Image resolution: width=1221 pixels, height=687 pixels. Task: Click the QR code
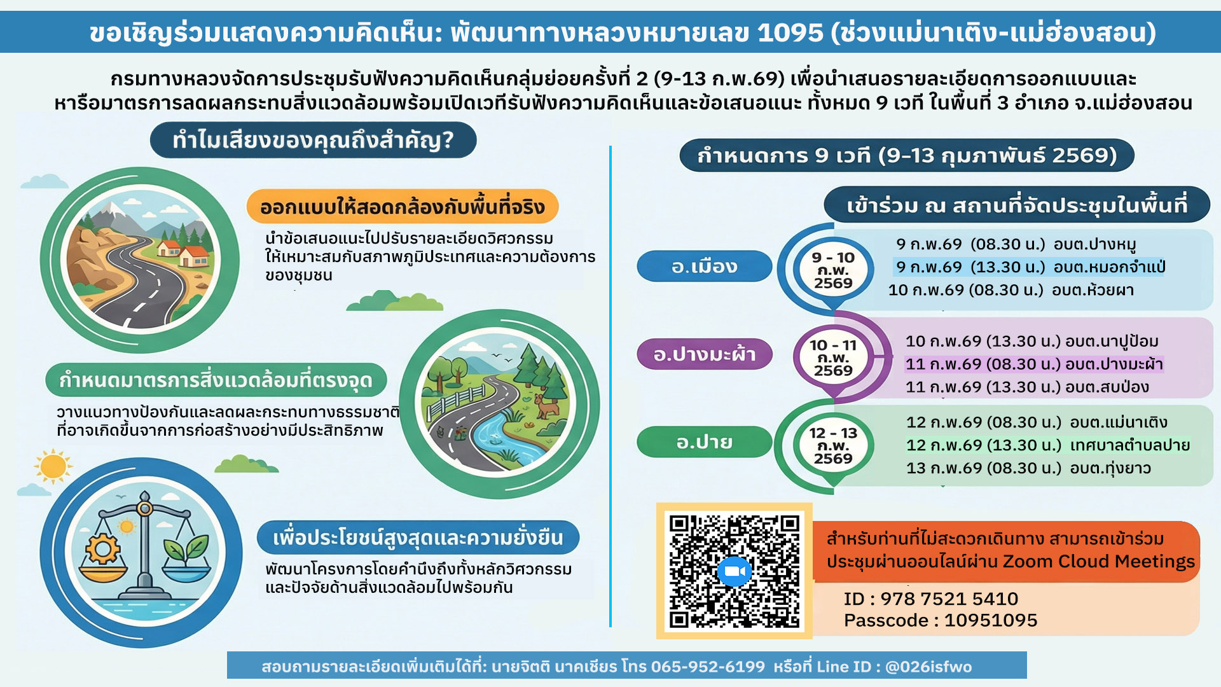pyautogui.click(x=734, y=571)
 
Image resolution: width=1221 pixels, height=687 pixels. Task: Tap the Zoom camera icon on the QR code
pyautogui.click(x=735, y=571)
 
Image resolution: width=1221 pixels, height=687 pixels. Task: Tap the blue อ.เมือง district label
pyautogui.click(x=705, y=266)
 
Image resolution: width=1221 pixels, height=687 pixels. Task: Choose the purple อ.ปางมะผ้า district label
pyautogui.click(x=705, y=354)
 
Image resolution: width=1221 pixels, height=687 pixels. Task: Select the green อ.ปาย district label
pyautogui.click(x=705, y=441)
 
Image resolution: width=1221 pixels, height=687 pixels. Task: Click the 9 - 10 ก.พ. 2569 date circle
pyautogui.click(x=833, y=270)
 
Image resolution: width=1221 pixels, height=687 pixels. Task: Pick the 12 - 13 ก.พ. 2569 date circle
pyautogui.click(x=833, y=445)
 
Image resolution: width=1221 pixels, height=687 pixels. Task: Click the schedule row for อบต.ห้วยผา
pyautogui.click(x=1011, y=290)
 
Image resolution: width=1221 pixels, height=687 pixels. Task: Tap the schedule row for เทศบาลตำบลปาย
pyautogui.click(x=1048, y=445)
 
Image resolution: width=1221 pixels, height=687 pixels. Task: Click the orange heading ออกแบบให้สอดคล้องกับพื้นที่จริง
pyautogui.click(x=403, y=207)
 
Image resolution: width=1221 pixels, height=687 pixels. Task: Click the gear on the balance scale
pyautogui.click(x=103, y=548)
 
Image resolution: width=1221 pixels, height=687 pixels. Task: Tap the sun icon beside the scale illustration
pyautogui.click(x=53, y=466)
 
